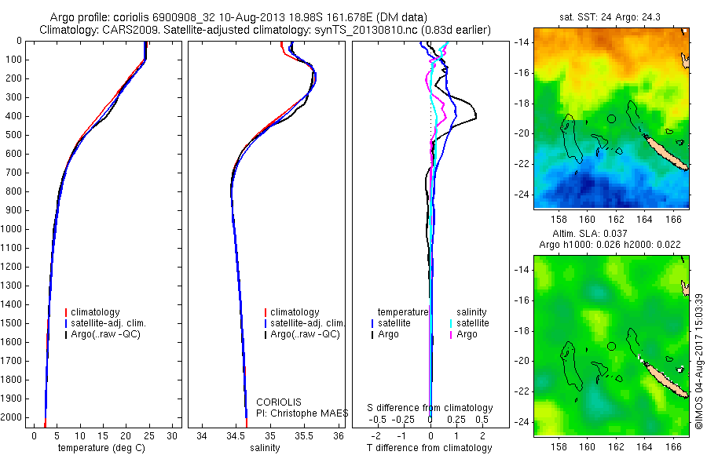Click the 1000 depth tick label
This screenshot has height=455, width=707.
[11, 229]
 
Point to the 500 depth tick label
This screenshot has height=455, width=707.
[13, 135]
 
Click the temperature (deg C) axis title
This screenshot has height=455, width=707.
[101, 448]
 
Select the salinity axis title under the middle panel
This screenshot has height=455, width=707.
[265, 448]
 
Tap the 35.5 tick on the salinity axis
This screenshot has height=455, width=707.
[304, 436]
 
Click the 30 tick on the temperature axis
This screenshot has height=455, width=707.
[172, 436]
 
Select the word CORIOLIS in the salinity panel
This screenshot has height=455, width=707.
[279, 402]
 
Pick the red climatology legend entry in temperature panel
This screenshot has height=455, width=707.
[93, 312]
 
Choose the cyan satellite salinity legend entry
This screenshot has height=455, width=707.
[470, 323]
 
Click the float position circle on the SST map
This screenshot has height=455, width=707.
[611, 119]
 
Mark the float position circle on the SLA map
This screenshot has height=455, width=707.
[611, 347]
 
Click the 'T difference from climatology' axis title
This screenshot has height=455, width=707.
[429, 448]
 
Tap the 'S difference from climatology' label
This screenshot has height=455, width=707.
[430, 408]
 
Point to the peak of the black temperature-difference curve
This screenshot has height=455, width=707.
[476, 117]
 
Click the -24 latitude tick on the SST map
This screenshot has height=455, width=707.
[522, 195]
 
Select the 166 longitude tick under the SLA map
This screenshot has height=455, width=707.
[674, 446]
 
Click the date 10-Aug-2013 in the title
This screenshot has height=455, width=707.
[252, 17]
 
